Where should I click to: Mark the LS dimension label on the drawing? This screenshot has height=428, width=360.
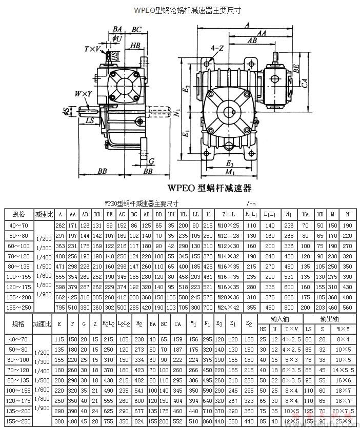click(90, 121)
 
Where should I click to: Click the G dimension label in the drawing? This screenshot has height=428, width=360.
click(152, 161)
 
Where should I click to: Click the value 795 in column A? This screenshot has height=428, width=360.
click(61, 308)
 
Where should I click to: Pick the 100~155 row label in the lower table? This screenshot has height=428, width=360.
click(18, 391)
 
